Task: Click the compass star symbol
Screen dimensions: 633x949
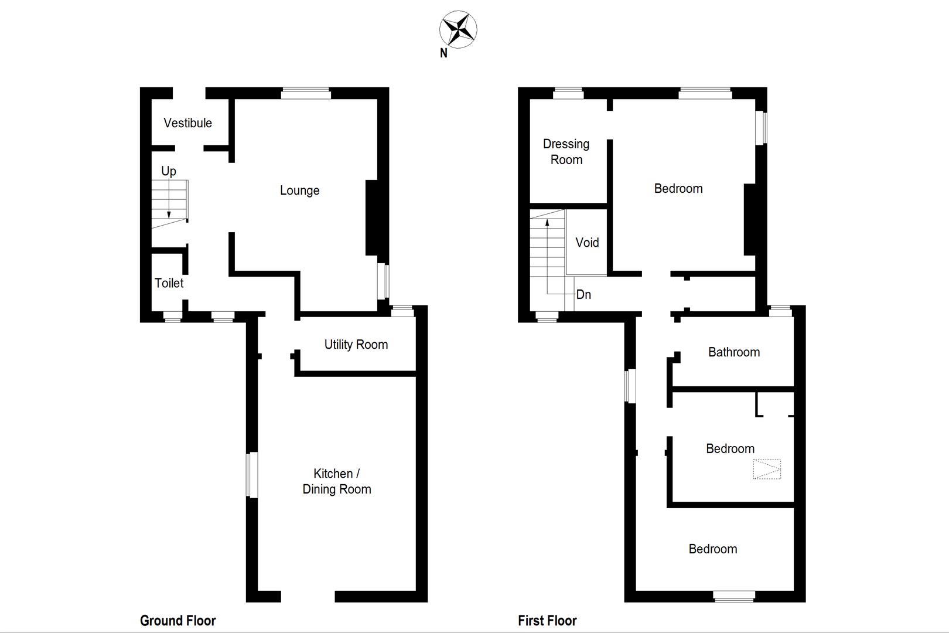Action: [x=458, y=29]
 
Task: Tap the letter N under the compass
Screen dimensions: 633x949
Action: [x=443, y=53]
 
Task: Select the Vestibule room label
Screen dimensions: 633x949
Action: [x=187, y=123]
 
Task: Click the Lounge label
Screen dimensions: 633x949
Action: [x=299, y=190]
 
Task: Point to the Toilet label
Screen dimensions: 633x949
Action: [x=169, y=283]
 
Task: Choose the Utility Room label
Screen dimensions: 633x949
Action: [x=356, y=345]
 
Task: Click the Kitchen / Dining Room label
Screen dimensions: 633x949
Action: [x=337, y=481]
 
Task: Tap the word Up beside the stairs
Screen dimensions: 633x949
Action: [x=169, y=171]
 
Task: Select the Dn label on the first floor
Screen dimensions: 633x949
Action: [x=583, y=294]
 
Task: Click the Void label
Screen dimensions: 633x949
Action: [x=587, y=243]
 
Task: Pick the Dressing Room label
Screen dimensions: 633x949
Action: [x=566, y=152]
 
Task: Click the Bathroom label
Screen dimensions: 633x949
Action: [x=734, y=352]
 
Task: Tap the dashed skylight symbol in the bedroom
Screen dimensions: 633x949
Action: [x=767, y=469]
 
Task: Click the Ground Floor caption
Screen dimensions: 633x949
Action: [x=177, y=621]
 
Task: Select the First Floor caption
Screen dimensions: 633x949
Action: [x=547, y=621]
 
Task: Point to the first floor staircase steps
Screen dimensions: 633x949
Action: [x=547, y=258]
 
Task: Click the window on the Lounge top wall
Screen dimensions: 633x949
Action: [x=306, y=93]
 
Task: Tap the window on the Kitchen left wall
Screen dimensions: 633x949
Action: [x=252, y=475]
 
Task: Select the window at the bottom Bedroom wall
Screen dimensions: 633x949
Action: [x=734, y=596]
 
